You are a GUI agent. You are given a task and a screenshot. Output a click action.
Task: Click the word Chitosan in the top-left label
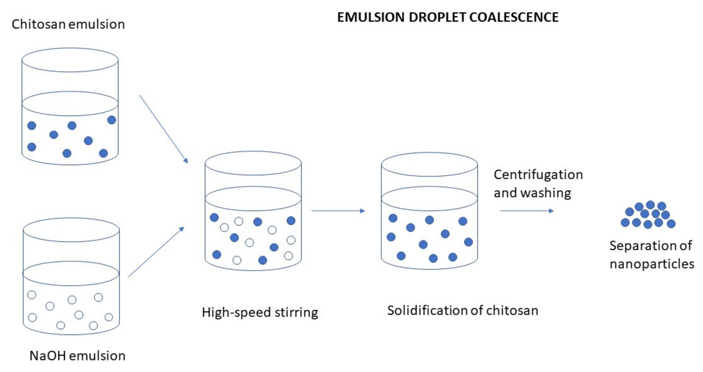(38, 24)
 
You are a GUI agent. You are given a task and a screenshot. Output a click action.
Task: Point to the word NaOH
(49, 356)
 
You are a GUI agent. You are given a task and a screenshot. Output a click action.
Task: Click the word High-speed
(236, 313)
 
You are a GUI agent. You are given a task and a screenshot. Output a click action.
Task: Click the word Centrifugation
(538, 175)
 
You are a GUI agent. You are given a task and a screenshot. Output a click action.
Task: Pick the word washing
(545, 193)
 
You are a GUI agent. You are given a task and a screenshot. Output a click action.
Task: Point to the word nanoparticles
(652, 264)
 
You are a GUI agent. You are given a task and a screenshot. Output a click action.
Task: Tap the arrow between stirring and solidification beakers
(338, 211)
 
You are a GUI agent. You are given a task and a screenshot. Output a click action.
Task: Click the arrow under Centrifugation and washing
(527, 211)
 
